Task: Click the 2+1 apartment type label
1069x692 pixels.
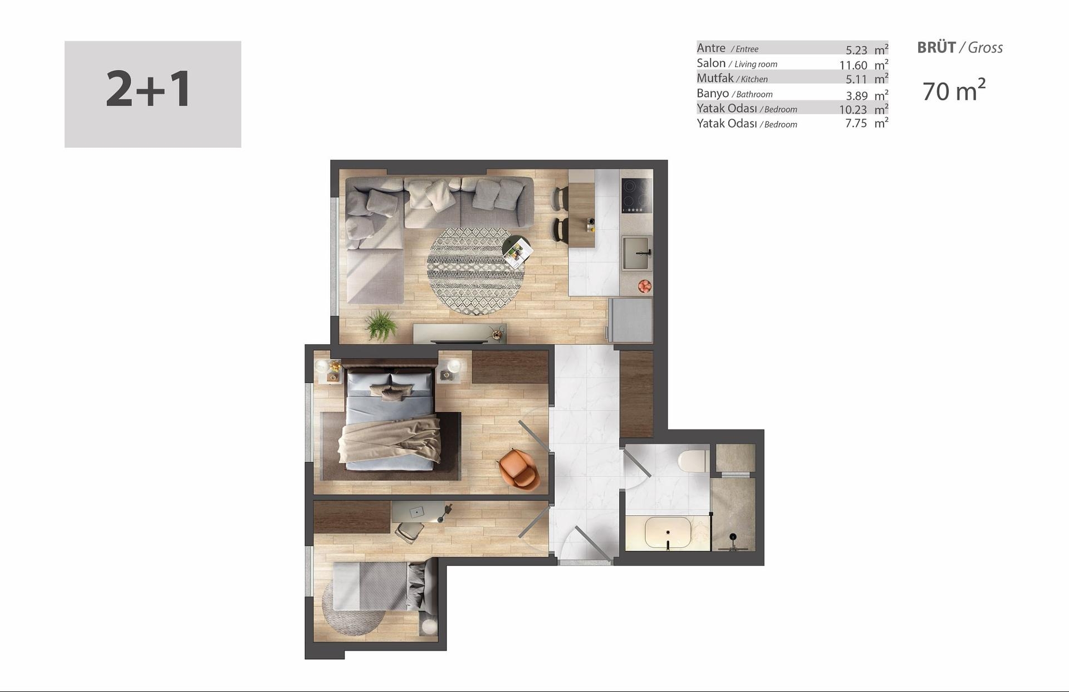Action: point(149,89)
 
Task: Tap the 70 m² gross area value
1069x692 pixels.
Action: point(954,90)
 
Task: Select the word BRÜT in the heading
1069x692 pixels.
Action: point(936,47)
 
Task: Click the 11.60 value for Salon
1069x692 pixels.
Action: point(853,65)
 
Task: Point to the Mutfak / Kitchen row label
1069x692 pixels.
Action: point(732,79)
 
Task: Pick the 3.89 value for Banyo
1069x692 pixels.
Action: point(856,95)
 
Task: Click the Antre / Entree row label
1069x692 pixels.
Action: point(727,48)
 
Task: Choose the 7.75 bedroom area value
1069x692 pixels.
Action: point(856,123)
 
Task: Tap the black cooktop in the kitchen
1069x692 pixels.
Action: point(636,196)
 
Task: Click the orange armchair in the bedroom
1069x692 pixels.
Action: point(519,469)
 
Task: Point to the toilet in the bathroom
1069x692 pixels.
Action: point(693,461)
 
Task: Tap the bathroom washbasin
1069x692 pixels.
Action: point(668,533)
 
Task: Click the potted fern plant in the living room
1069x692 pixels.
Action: point(381,325)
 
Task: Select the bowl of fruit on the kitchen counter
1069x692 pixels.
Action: point(645,286)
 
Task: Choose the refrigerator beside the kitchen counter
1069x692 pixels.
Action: point(630,320)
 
